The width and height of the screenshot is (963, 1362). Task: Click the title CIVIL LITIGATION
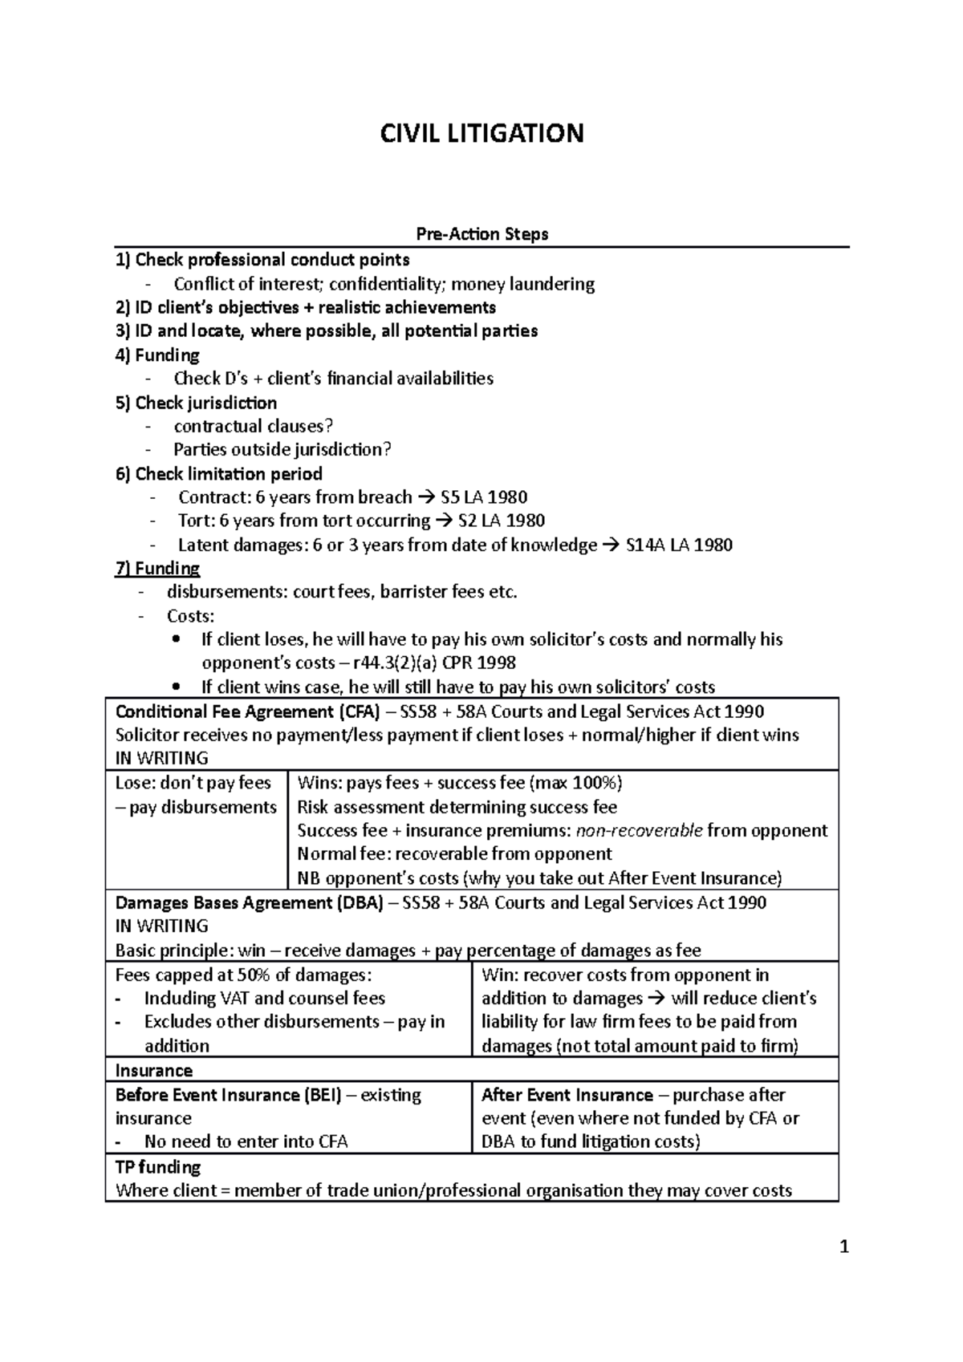481,133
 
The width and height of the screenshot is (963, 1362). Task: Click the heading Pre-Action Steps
481,234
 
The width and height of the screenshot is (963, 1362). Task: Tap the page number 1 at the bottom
843,1247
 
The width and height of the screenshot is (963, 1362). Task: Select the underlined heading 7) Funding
157,569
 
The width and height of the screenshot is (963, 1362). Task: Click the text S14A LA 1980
678,545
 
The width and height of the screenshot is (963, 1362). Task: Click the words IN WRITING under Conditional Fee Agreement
161,758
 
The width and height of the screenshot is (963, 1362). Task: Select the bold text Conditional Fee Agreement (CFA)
247,711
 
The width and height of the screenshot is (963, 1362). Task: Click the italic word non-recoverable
634,830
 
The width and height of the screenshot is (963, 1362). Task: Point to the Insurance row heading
154,1071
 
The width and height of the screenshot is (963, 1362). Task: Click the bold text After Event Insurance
567,1095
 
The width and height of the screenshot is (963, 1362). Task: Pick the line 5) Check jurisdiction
196,403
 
